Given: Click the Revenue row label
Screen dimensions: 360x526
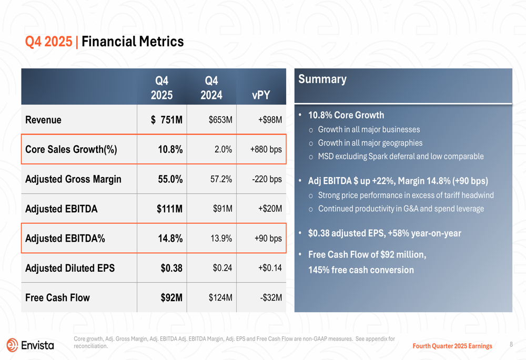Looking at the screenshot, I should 43,120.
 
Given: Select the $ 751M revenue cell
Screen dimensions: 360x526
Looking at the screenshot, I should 167,120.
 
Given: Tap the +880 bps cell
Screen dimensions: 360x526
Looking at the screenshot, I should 266,149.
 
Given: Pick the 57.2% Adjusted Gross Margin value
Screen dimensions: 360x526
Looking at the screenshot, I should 221,179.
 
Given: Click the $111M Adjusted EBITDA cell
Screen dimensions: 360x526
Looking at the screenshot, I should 169,209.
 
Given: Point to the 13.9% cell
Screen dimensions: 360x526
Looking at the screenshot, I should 221,238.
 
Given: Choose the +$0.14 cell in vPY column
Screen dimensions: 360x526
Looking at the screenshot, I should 270,268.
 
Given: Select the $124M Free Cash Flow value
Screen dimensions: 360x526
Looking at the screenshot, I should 220,297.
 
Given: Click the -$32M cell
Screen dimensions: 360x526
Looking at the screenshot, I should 271,297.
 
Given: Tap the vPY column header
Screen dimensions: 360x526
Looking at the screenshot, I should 261,95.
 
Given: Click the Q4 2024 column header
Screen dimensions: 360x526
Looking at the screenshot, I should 211,88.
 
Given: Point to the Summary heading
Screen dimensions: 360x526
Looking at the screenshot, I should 322,79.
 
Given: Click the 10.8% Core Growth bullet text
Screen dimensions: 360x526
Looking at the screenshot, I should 346,115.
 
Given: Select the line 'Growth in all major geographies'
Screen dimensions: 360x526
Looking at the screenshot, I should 370,143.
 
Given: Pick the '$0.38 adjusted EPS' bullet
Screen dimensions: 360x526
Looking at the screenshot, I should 384,233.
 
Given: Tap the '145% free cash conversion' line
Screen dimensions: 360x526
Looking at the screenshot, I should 361,270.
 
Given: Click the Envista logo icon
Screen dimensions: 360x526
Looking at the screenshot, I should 12,345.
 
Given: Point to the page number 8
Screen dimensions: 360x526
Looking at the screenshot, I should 511,345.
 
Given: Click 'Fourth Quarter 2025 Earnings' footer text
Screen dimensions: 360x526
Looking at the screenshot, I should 452,346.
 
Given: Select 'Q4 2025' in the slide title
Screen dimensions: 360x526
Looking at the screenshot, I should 49,42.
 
